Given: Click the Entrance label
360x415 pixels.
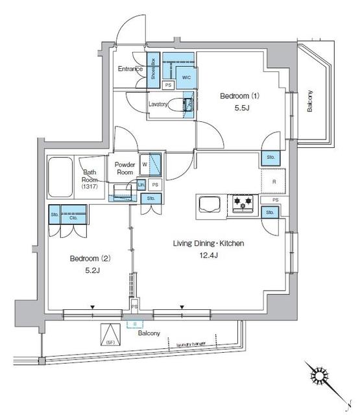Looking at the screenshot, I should click(130, 68).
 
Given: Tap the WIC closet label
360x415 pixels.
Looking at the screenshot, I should click(186, 77).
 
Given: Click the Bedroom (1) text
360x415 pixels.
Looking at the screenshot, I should click(239, 96).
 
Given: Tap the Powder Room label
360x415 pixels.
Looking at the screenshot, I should click(125, 169).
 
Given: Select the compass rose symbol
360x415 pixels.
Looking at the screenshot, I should click(320, 377).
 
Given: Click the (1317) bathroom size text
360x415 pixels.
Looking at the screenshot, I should click(89, 187).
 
